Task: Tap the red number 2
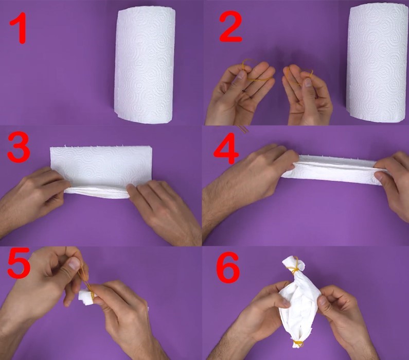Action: [x=230, y=27]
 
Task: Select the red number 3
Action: [x=19, y=147]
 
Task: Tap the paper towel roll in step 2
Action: [x=378, y=64]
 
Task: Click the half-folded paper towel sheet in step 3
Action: [x=101, y=173]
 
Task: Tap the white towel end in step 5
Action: [x=86, y=297]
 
